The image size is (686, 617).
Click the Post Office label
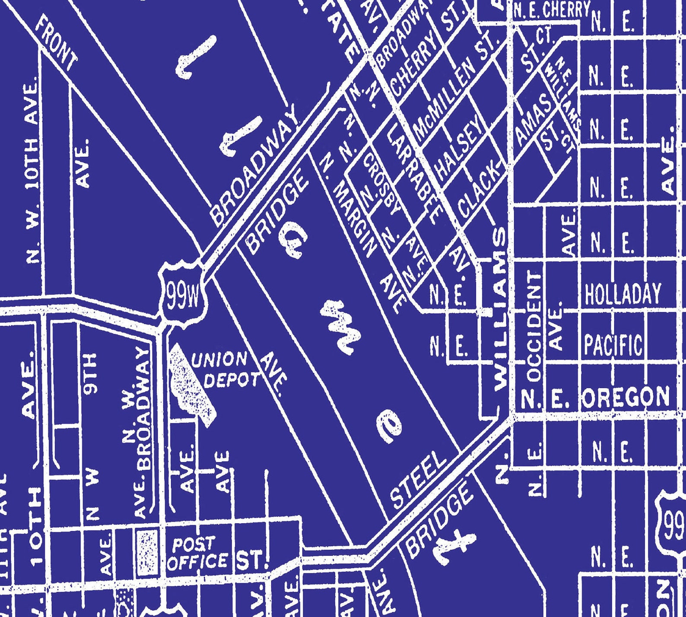[197, 554]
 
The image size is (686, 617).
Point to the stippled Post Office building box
[147, 553]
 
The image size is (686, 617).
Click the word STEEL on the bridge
[418, 479]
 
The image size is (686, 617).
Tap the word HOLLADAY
[622, 294]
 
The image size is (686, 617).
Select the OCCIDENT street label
[534, 326]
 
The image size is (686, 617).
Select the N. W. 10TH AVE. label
[32, 173]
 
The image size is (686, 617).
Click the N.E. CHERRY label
[551, 9]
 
